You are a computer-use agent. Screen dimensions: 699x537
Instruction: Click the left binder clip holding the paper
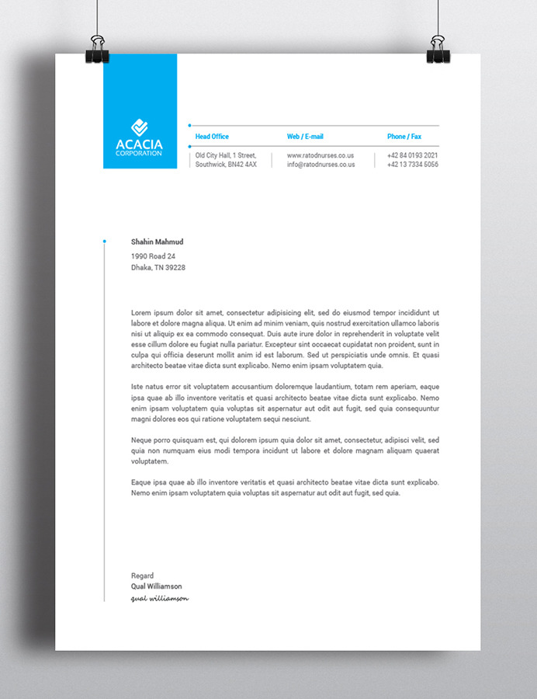[99, 48]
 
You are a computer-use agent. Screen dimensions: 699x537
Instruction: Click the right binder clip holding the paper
[438, 48]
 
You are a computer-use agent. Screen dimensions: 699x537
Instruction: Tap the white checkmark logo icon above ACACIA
[139, 127]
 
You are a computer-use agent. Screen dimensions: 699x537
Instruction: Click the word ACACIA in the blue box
[139, 144]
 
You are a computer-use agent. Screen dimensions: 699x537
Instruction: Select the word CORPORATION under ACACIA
[139, 153]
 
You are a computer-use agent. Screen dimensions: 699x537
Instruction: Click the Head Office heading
[212, 137]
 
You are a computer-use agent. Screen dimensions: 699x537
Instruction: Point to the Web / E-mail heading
[305, 137]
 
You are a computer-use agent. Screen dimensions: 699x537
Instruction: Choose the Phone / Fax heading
[404, 137]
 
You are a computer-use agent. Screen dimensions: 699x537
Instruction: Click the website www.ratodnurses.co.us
[320, 155]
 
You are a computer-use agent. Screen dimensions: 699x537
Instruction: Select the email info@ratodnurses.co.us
[320, 165]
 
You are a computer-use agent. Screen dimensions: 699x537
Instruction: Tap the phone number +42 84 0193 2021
[413, 155]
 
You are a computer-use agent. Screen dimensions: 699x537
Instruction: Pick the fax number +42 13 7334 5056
[413, 165]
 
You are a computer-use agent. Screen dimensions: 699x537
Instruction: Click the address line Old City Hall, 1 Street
[226, 155]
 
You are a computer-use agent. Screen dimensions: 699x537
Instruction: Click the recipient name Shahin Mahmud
[158, 242]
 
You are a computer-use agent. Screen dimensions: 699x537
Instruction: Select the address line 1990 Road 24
[154, 256]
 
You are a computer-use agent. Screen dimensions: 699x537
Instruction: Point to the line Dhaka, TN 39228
[158, 267]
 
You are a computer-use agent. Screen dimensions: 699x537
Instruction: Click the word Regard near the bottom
[143, 576]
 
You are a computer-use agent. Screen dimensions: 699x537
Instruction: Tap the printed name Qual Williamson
[157, 586]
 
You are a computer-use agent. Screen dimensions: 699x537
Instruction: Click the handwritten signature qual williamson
[160, 598]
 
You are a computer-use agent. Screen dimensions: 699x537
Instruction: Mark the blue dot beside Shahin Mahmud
[105, 242]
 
